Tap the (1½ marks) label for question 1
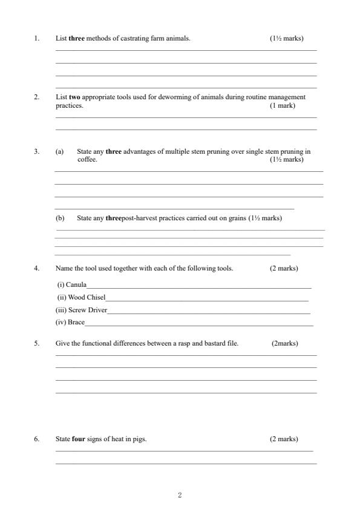pyautogui.click(x=287, y=39)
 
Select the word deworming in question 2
pyautogui.click(x=159, y=97)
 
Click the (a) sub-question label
pyautogui.click(x=59, y=152)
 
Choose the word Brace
pyautogui.click(x=76, y=323)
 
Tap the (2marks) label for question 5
pyautogui.click(x=285, y=343)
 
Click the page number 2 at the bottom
pyautogui.click(x=180, y=496)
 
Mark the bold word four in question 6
pyautogui.click(x=78, y=439)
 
